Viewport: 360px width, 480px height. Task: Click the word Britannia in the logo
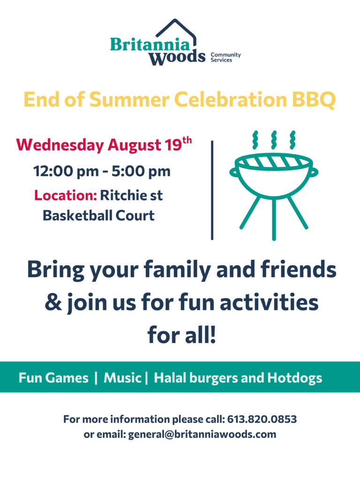coord(150,45)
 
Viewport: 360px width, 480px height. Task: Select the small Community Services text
coord(225,57)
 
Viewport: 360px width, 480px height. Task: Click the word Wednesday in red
coord(60,145)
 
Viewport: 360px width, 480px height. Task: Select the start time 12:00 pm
coord(66,172)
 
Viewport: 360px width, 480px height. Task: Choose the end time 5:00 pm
coord(141,172)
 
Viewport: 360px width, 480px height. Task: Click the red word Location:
coord(66,195)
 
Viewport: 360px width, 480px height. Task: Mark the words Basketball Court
coord(98,216)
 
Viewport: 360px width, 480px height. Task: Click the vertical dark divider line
coord(212,190)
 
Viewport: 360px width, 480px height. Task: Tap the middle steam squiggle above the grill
coord(274,140)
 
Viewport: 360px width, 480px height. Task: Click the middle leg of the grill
coord(274,219)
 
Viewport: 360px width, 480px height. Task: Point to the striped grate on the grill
coord(274,162)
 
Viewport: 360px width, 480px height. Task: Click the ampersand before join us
coord(53,302)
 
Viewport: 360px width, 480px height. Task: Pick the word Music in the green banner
coord(122,378)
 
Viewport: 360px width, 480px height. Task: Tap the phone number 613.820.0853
coord(262,419)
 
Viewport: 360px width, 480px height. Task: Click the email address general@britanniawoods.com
coord(202,435)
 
